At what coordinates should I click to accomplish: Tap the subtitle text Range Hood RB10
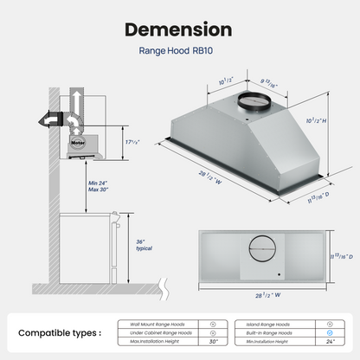pyautogui.click(x=179, y=51)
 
